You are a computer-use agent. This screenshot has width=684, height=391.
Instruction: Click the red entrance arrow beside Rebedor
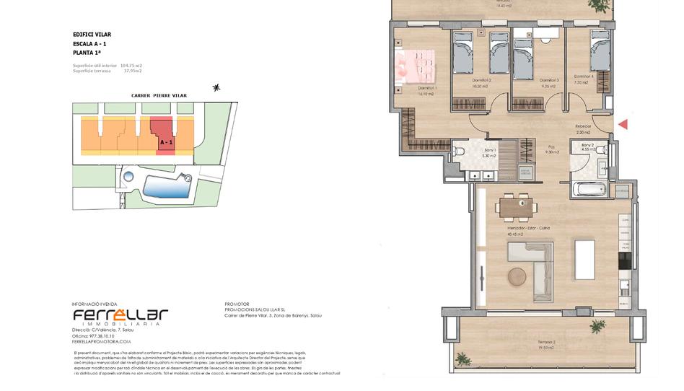[623, 124]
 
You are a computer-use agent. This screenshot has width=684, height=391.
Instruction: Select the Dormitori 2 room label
[481, 80]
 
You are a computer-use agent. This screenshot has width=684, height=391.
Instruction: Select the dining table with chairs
[517, 207]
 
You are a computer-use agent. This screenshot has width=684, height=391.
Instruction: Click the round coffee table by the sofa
[517, 276]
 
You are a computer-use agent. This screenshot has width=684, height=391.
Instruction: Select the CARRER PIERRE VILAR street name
[159, 95]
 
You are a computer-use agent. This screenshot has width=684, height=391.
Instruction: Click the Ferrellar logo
[120, 316]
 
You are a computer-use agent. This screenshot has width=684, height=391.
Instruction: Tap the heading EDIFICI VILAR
[92, 34]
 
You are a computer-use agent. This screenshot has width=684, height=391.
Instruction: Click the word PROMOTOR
[237, 304]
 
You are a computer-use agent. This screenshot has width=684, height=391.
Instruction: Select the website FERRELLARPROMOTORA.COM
[101, 341]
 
